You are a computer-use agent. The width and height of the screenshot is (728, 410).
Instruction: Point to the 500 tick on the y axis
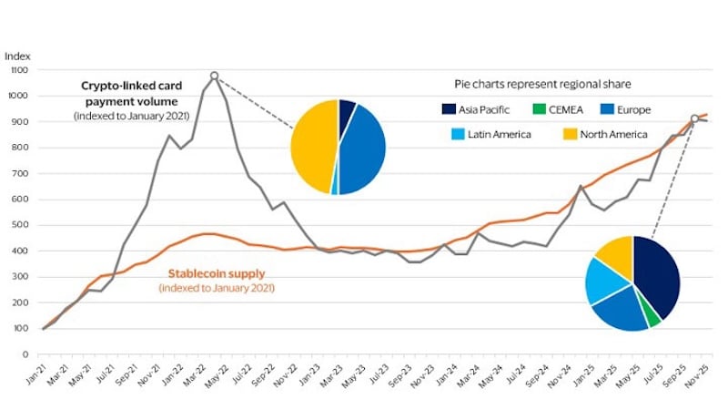(x=20, y=225)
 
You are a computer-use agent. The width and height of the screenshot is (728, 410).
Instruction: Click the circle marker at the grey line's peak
(x=215, y=76)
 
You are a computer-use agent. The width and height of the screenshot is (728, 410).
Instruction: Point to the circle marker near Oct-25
(x=695, y=118)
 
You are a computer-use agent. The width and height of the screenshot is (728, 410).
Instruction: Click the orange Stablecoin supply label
(x=217, y=273)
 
